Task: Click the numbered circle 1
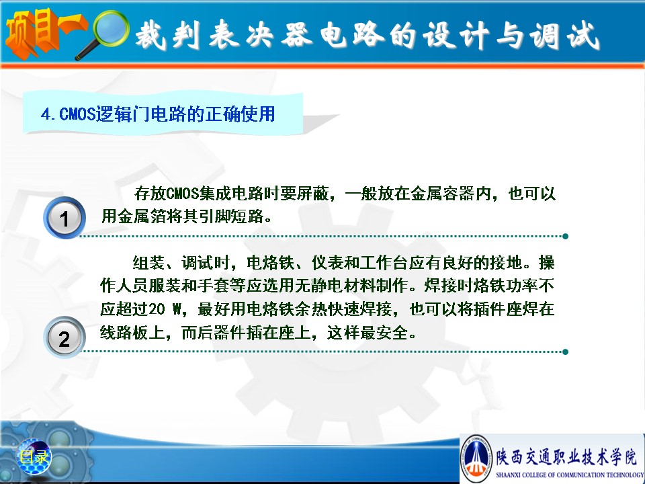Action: (64, 218)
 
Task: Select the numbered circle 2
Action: (64, 337)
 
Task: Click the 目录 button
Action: (34, 456)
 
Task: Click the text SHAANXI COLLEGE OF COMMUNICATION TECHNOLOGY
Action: (570, 475)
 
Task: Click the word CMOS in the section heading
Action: (77, 114)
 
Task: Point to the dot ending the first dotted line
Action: (565, 236)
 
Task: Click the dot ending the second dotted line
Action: (565, 352)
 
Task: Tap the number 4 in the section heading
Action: (45, 114)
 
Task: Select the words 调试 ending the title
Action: (564, 35)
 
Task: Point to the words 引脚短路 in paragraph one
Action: (231, 216)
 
